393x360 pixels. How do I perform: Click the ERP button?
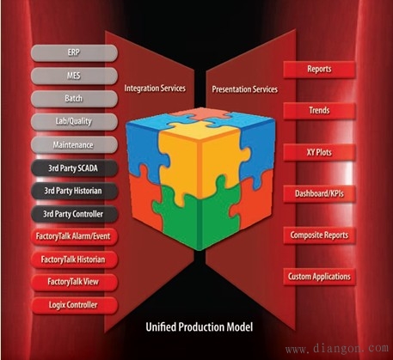(x=74, y=53)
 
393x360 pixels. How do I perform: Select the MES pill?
(x=74, y=76)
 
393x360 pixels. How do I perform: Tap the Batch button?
(x=74, y=99)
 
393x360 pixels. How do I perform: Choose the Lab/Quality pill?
(x=74, y=122)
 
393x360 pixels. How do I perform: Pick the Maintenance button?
(x=74, y=145)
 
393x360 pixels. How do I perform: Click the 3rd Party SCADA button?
(x=74, y=168)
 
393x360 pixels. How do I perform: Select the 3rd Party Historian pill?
(x=74, y=191)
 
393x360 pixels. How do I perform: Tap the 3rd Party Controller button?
(x=74, y=214)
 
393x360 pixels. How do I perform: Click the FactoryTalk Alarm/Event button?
(x=74, y=236)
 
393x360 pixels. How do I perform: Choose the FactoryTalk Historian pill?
(x=74, y=259)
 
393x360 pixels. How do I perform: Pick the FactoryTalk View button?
(x=74, y=283)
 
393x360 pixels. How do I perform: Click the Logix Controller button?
(x=74, y=305)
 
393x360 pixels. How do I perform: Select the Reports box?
(x=319, y=70)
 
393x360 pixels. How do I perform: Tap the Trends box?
(x=319, y=111)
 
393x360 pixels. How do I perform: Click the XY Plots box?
(x=319, y=152)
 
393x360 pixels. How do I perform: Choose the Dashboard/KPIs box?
(x=319, y=194)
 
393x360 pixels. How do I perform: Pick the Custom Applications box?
(x=319, y=277)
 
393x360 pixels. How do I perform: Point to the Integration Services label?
(x=155, y=88)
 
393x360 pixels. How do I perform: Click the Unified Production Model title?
(x=200, y=327)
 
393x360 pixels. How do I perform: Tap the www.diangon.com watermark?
(x=337, y=349)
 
